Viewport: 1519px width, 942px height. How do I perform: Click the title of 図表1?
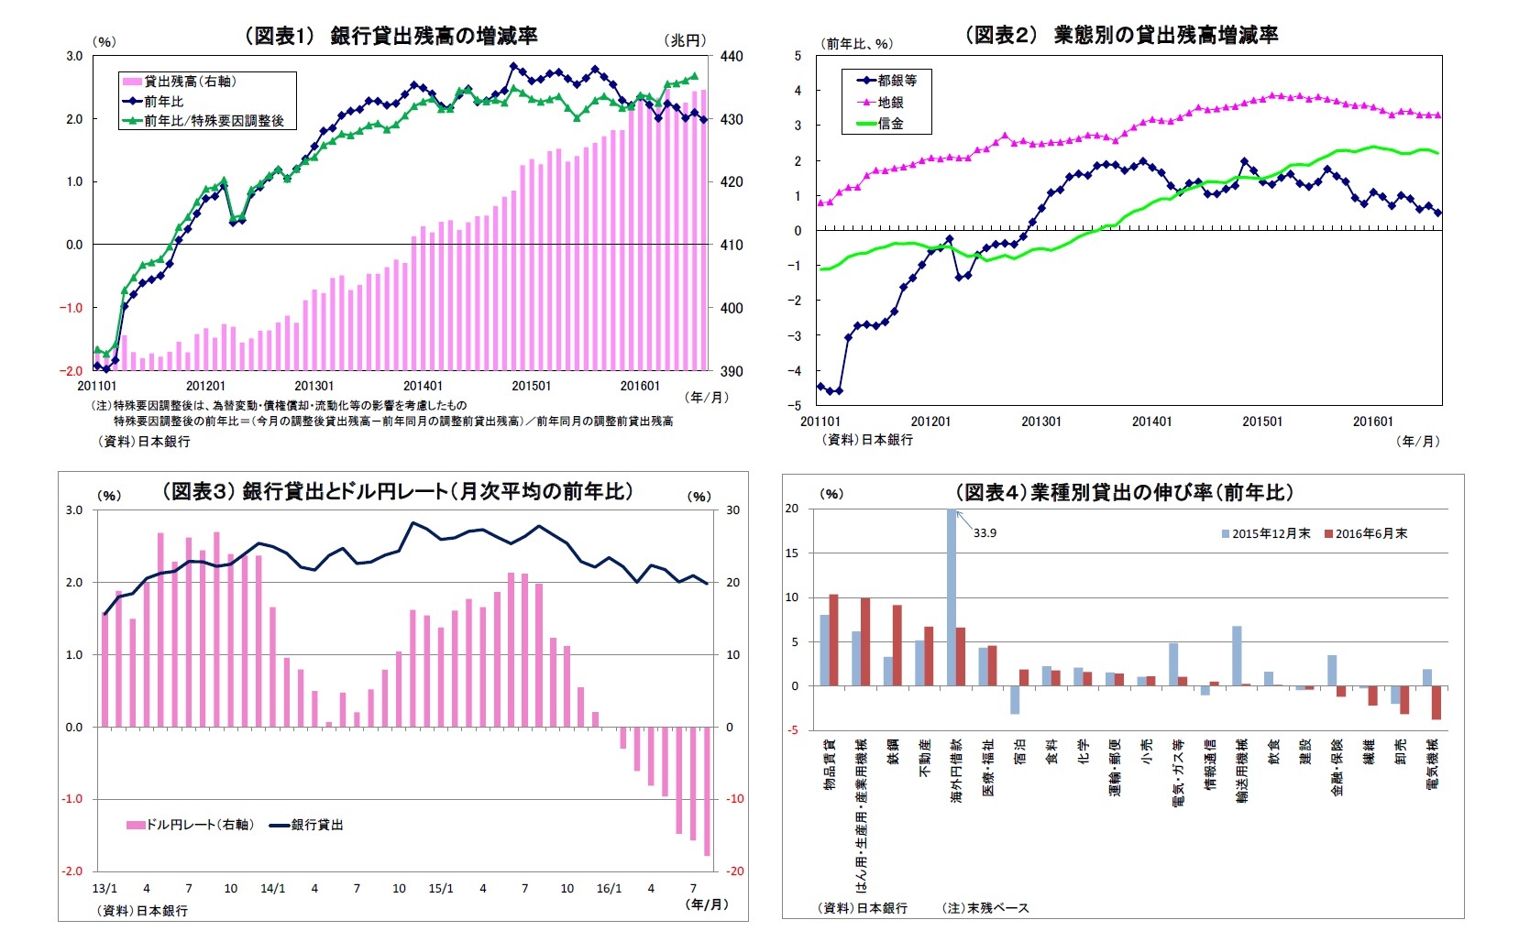click(x=391, y=36)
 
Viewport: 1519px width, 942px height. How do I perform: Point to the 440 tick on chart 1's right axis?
click(x=732, y=56)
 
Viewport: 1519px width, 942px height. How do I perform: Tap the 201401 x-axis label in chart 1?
click(x=423, y=386)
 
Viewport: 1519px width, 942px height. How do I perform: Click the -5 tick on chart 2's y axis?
click(x=798, y=405)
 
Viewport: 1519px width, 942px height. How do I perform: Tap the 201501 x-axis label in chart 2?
click(x=1262, y=422)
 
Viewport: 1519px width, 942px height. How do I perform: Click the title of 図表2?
click(x=1121, y=35)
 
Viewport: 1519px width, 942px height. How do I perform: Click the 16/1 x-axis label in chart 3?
click(x=609, y=888)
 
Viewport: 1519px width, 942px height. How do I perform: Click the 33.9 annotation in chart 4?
click(x=985, y=532)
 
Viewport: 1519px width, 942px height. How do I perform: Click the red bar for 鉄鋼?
click(x=897, y=645)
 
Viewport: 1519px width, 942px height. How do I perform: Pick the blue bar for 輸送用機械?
click(x=1237, y=656)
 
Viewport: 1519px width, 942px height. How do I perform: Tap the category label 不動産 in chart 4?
click(x=925, y=759)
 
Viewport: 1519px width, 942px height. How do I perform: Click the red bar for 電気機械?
click(x=1436, y=703)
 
